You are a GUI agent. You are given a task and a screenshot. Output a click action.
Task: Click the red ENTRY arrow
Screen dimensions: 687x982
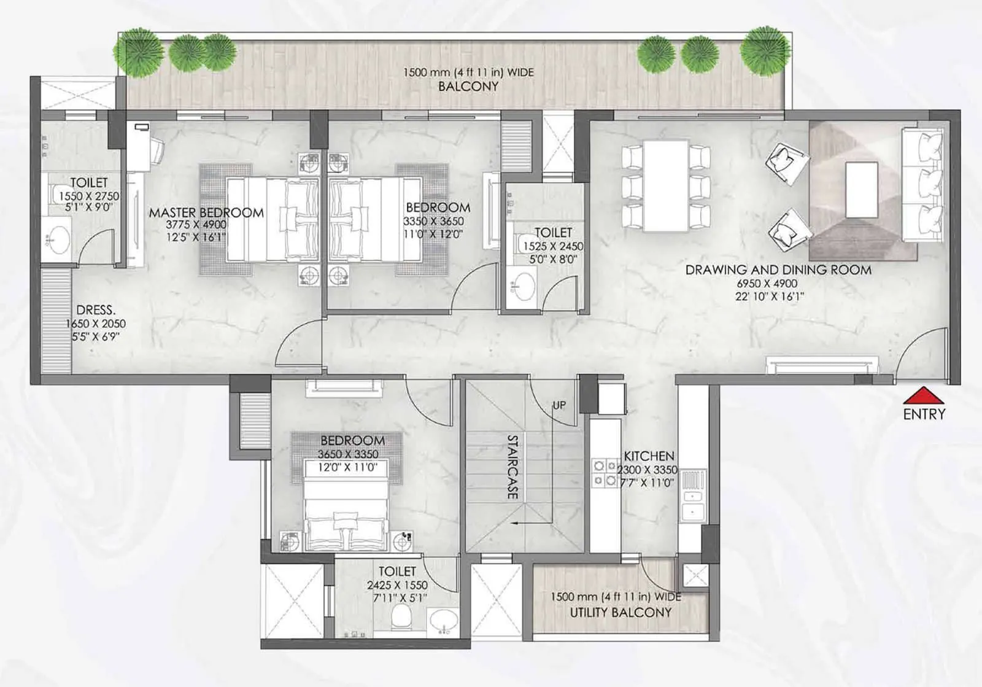tap(923, 395)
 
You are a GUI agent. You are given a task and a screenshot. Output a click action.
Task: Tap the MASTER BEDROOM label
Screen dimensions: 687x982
tap(206, 212)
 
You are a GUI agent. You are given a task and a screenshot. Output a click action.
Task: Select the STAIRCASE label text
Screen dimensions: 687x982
tap(512, 467)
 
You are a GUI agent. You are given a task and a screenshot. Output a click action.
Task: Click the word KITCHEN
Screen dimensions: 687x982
tap(649, 456)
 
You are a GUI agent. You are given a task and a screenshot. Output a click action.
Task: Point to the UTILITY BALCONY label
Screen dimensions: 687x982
tap(621, 612)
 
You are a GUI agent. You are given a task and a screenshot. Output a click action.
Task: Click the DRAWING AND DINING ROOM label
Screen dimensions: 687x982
tap(778, 270)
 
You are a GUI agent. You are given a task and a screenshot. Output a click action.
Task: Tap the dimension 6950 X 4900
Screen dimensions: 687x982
tap(767, 284)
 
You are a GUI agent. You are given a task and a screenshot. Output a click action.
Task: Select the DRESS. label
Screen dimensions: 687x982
tap(96, 310)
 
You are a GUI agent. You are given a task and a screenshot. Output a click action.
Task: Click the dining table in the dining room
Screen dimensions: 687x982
tap(666, 186)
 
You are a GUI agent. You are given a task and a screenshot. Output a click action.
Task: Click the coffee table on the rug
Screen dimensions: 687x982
tap(861, 190)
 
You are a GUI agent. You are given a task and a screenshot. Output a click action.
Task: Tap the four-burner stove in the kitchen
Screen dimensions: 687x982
tap(603, 473)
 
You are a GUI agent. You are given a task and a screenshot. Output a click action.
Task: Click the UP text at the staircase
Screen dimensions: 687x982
tap(559, 405)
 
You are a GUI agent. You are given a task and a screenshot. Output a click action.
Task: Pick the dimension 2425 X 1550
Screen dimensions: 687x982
tap(397, 585)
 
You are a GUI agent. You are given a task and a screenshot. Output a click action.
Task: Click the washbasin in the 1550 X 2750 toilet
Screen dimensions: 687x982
tap(59, 239)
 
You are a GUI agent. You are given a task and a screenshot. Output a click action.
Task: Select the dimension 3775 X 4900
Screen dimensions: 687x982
tap(196, 225)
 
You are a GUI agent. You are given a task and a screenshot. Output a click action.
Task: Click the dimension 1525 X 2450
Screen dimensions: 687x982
tap(553, 246)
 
